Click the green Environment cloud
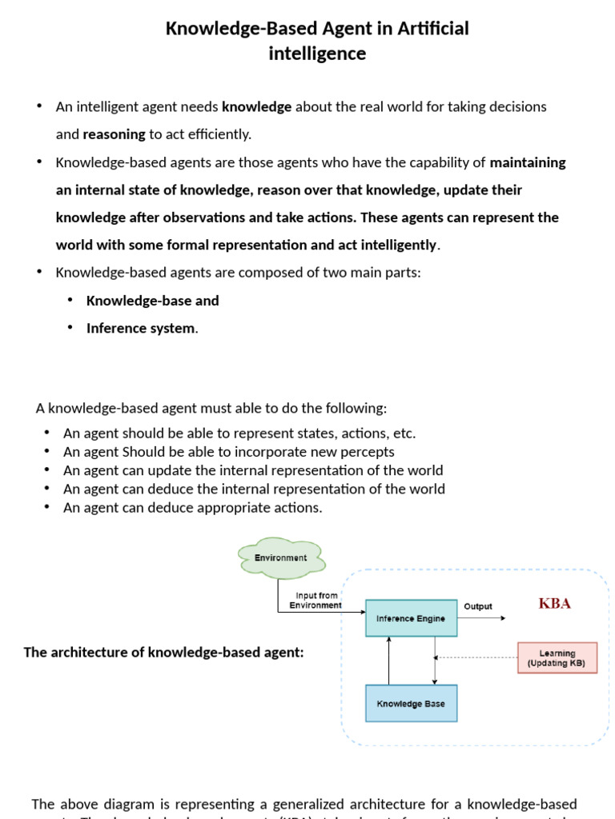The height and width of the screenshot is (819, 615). (280, 557)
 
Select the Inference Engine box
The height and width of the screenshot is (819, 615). (411, 618)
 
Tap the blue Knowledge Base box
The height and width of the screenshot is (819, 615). (411, 704)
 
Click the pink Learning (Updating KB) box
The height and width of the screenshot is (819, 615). (557, 658)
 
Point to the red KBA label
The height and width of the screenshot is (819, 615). (554, 603)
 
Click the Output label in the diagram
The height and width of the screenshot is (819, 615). (478, 606)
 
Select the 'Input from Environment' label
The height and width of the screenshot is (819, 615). (316, 601)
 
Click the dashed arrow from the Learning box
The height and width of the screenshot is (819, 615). (476, 658)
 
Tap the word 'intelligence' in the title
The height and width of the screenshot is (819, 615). (317, 54)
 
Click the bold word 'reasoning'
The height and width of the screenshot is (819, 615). (115, 134)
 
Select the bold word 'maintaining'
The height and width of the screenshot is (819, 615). (528, 162)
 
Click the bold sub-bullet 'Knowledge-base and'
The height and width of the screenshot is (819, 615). (152, 301)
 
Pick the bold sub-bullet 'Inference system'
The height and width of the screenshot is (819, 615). (140, 328)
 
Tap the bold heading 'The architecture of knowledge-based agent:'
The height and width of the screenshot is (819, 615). (164, 652)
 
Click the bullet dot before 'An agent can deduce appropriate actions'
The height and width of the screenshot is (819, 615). (47, 507)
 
